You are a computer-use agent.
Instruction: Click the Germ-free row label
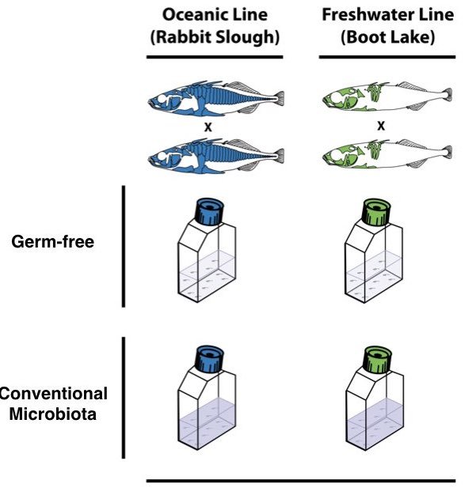click(x=53, y=242)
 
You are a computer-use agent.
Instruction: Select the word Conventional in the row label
click(x=53, y=393)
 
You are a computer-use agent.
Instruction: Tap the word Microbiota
click(x=53, y=413)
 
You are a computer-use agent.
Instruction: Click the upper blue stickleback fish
click(x=214, y=100)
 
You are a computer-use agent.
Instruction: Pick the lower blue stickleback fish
click(x=214, y=157)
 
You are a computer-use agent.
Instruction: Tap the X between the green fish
click(x=382, y=125)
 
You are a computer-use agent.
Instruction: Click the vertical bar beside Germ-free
click(x=124, y=246)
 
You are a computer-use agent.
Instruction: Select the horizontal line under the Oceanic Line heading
click(x=214, y=57)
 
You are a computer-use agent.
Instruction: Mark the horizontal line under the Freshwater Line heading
click(x=387, y=57)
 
